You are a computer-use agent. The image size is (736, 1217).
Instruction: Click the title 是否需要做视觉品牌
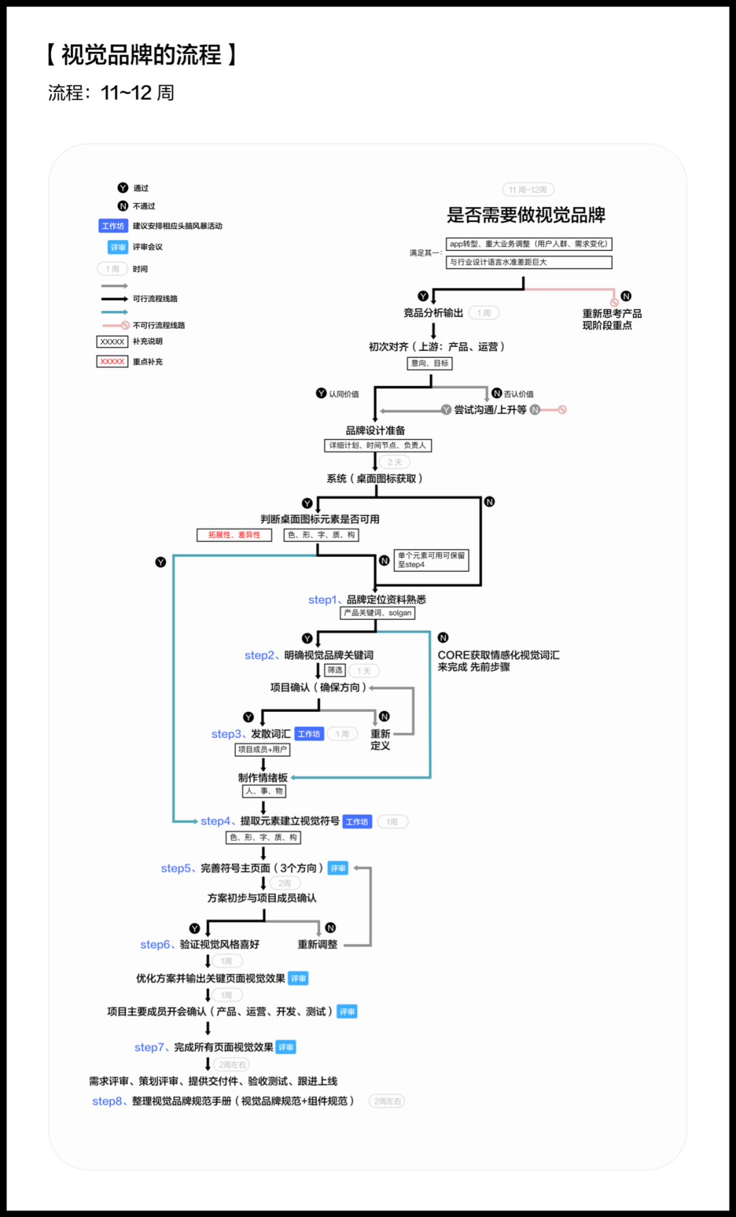[526, 215]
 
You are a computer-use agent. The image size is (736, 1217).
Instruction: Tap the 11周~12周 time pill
[527, 190]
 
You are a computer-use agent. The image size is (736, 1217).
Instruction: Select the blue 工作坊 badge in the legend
[113, 226]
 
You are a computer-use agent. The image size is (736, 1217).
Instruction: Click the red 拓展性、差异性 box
[234, 535]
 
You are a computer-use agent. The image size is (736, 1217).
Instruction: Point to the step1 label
[322, 600]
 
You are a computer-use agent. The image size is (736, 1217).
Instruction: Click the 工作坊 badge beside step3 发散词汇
[309, 734]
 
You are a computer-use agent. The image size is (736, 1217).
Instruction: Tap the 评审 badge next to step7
[286, 1047]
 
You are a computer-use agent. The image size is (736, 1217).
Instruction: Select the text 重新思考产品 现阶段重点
[611, 319]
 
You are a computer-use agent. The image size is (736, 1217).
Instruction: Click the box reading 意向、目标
[429, 363]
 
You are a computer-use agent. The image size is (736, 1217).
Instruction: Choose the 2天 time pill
[395, 462]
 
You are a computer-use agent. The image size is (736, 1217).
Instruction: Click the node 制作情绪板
[262, 778]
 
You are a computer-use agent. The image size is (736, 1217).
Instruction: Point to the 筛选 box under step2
[335, 670]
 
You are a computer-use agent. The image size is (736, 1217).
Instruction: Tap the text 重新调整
[318, 944]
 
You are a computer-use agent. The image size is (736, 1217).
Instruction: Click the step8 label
[108, 1101]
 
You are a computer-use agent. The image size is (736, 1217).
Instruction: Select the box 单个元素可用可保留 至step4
[431, 560]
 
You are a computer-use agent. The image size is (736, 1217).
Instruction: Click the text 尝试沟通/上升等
[490, 410]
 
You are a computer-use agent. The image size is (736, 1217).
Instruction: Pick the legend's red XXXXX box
[112, 361]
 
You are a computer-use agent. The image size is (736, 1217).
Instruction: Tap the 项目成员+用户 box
[262, 749]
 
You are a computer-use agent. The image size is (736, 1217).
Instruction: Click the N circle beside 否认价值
[497, 393]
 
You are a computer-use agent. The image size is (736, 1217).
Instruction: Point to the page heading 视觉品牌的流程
[141, 55]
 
